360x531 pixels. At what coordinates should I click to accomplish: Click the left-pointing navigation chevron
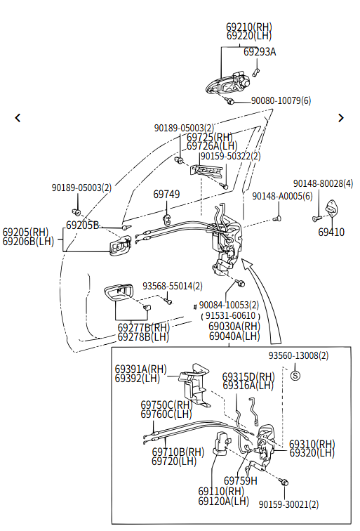(18, 118)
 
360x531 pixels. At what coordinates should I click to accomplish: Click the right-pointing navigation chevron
(341, 118)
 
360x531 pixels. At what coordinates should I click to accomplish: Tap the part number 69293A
(260, 52)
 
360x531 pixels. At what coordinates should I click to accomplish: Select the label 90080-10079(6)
(281, 100)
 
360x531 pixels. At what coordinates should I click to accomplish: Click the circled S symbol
(295, 375)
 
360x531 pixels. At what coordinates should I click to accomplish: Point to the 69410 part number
(331, 232)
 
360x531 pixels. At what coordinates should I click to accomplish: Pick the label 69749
(166, 195)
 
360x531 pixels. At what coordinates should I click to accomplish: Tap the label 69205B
(82, 225)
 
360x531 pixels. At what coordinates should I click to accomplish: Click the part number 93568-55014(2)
(172, 286)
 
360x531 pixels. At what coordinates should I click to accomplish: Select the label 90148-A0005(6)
(282, 196)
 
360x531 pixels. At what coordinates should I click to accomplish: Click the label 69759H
(241, 480)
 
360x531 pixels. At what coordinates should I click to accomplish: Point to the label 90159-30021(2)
(288, 504)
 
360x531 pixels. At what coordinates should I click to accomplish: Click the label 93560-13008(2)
(298, 355)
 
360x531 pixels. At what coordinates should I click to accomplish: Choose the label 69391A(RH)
(141, 369)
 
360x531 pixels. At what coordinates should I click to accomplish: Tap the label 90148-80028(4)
(323, 183)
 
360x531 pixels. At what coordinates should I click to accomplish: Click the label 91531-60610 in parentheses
(230, 315)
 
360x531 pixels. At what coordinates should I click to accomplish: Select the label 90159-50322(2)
(230, 156)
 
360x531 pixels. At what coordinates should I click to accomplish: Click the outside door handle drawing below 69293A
(227, 83)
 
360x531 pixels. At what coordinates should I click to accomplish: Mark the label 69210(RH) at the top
(249, 27)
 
